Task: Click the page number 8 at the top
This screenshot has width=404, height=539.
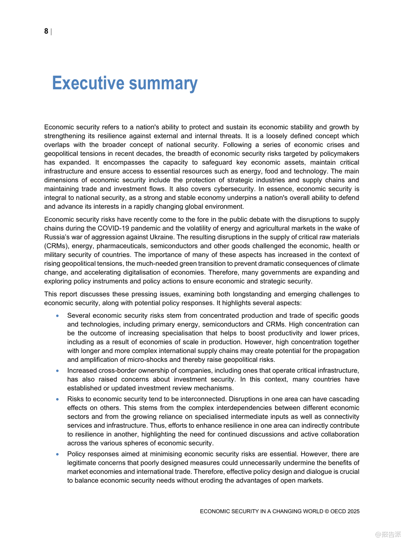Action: click(46, 31)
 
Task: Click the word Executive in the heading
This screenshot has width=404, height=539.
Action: click(88, 83)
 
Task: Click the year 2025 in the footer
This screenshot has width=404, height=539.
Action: click(353, 511)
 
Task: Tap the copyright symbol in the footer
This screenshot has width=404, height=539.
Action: click(326, 511)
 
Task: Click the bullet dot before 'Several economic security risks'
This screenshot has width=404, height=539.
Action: click(57, 315)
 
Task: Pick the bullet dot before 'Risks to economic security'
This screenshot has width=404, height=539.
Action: click(57, 399)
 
